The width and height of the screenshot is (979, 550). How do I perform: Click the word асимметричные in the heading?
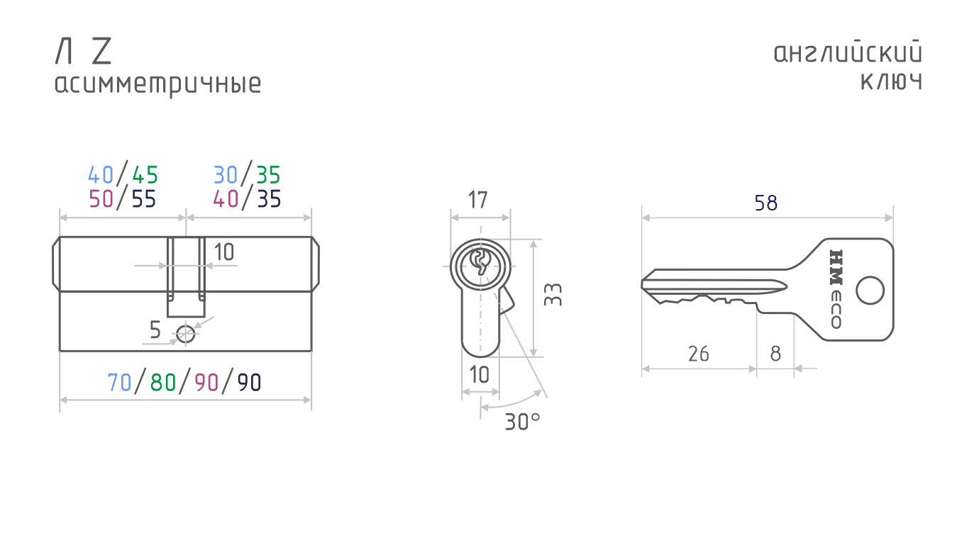(x=157, y=84)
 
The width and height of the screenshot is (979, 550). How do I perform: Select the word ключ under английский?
(x=892, y=82)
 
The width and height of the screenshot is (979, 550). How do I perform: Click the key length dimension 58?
(x=766, y=203)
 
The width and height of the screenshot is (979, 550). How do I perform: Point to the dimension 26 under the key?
(x=698, y=354)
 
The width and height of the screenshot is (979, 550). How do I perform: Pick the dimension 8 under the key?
(x=775, y=354)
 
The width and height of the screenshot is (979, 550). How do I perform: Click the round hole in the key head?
(x=870, y=291)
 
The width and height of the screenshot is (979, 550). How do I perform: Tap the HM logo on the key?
(x=836, y=267)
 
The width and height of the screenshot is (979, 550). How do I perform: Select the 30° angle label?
(x=523, y=422)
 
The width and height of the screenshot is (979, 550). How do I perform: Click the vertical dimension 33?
(x=553, y=295)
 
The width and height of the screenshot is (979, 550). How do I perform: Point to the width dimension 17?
(x=477, y=201)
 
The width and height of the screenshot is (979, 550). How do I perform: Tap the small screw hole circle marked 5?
(x=186, y=335)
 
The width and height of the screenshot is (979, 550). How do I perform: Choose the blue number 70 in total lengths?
(x=119, y=383)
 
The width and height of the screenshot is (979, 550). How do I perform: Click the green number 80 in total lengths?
(x=162, y=383)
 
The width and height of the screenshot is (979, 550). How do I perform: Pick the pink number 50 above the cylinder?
(x=101, y=199)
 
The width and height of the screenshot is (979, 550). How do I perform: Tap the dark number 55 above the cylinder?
(x=144, y=199)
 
